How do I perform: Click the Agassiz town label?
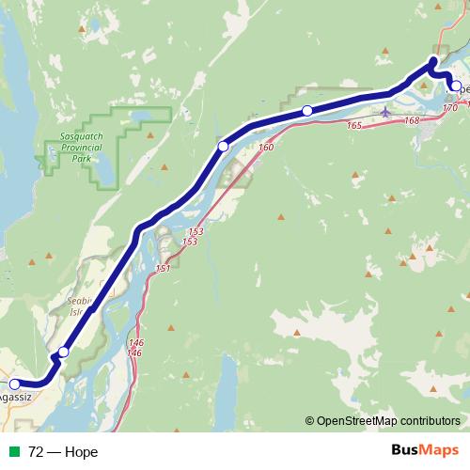coord(15,398)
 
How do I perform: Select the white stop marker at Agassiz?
coord(14,384)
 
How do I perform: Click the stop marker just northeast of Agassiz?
coord(63,352)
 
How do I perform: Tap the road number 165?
coord(354,126)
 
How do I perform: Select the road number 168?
coord(412,120)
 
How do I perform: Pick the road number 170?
coord(449,108)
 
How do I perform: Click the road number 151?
coord(163,269)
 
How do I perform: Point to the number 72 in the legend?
coord(37,452)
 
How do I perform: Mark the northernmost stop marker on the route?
coord(433,63)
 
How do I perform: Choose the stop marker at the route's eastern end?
coord(456,86)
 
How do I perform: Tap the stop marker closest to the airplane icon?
coord(307,112)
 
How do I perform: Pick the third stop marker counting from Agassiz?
coord(224,146)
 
